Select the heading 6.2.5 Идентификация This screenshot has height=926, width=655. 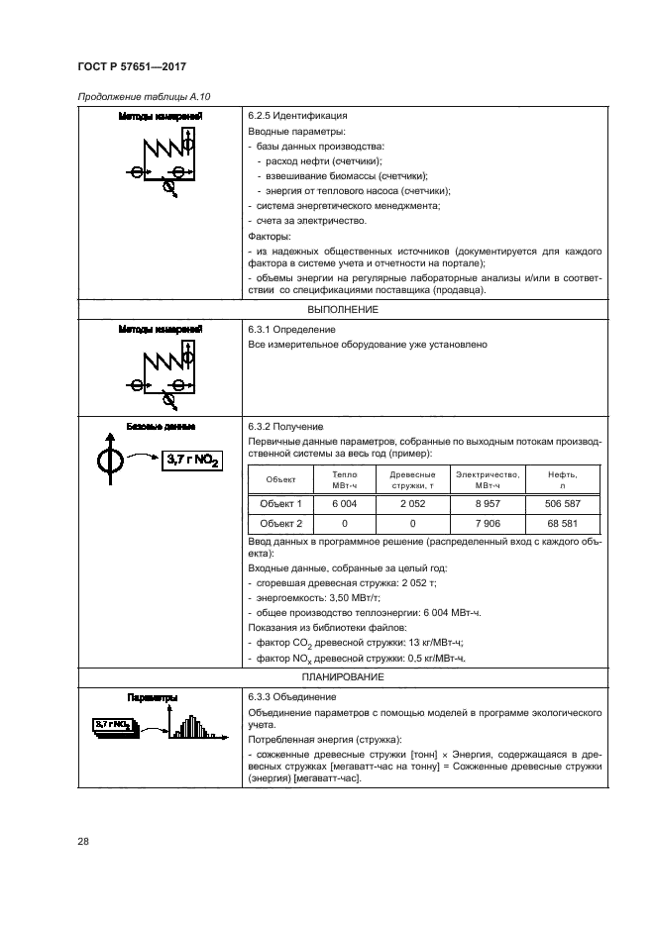point(296,116)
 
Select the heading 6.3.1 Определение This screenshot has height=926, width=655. point(291,329)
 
